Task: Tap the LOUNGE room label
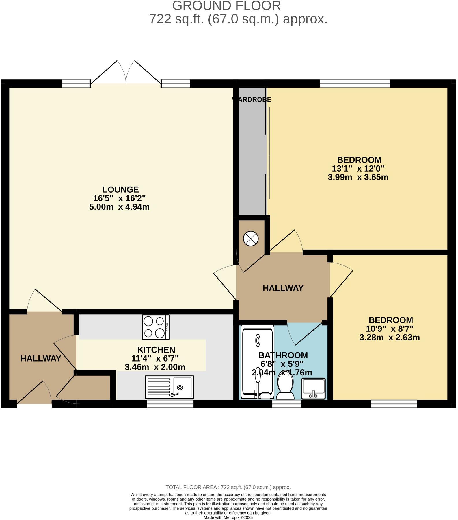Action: click(x=120, y=190)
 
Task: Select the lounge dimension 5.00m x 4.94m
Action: click(x=119, y=207)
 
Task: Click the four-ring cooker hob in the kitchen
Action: click(x=156, y=327)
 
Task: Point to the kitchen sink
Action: click(x=170, y=387)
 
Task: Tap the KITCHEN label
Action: click(x=156, y=350)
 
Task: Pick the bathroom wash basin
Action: click(x=313, y=388)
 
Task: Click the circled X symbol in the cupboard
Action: click(x=251, y=239)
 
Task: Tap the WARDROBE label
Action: click(x=252, y=100)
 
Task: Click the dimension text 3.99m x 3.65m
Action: click(x=358, y=177)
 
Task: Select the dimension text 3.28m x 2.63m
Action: click(x=389, y=338)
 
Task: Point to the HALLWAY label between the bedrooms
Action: click(x=283, y=288)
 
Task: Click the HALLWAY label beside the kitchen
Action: click(x=41, y=359)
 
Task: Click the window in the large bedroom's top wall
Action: click(x=355, y=84)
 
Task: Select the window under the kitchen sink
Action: click(x=170, y=404)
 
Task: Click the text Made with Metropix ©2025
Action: click(x=228, y=517)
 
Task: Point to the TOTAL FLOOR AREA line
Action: click(x=228, y=487)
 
